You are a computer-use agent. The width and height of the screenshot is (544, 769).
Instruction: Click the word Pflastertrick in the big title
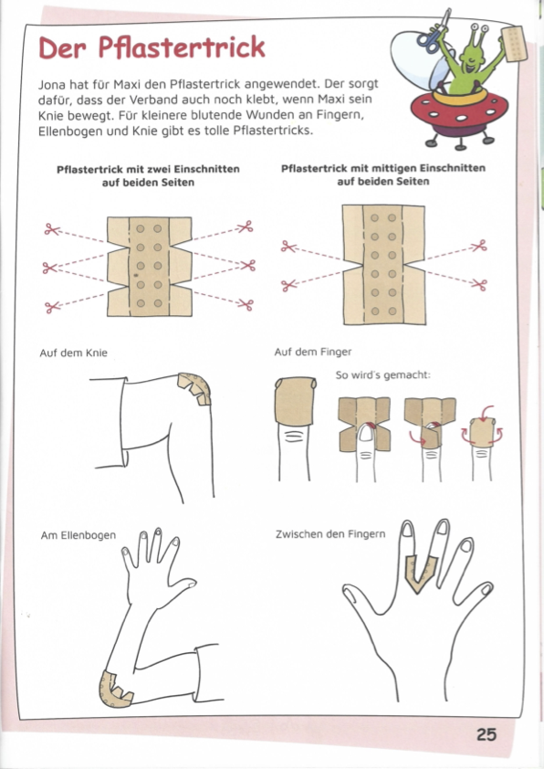(182, 47)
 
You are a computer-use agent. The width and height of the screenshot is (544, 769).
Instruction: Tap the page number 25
(486, 734)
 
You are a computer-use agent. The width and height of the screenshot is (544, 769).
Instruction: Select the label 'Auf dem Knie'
(74, 353)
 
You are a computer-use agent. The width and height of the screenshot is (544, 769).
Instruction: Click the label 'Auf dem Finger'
(313, 352)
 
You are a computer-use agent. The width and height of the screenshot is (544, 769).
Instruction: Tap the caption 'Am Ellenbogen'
(78, 535)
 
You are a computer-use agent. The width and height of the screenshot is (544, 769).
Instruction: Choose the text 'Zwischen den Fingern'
(330, 534)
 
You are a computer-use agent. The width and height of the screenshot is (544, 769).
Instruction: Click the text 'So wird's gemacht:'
(382, 375)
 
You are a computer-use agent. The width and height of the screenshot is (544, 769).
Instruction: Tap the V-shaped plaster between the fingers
(421, 572)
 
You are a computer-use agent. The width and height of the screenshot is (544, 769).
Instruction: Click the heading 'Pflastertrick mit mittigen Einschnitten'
(383, 168)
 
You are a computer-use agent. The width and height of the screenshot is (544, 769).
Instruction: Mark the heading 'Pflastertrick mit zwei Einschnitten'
(148, 169)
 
